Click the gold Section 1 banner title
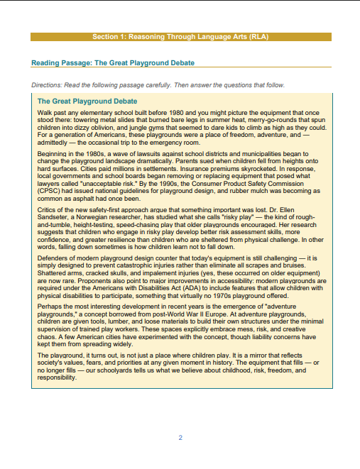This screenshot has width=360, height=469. pos(180,36)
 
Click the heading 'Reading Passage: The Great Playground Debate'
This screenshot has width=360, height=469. pos(113,63)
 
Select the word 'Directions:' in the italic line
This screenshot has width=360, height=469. pos(49,85)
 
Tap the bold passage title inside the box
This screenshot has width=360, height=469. pos(87,101)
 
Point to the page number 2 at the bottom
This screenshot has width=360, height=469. pos(180,438)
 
